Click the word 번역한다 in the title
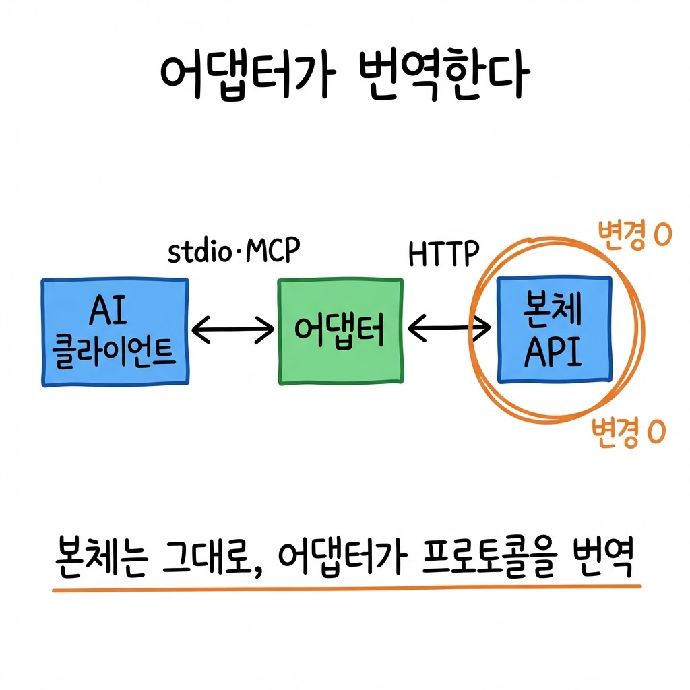coord(444,77)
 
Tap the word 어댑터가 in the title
coord(248,77)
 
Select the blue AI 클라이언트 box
coord(115,332)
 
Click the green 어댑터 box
coord(340,332)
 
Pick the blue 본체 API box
coord(555,330)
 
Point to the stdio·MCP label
coord(234,251)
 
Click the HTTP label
coord(443,254)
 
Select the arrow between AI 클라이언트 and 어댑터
coord(233,329)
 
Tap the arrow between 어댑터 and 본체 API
coord(449,328)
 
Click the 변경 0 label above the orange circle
coord(634,234)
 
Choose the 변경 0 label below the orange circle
coord(628,432)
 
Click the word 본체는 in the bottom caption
coord(102,556)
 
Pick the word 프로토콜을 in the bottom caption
coord(489,557)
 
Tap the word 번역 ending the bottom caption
coord(604,556)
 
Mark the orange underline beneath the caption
coord(347,588)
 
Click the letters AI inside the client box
coord(108,309)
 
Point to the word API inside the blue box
coord(553,352)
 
